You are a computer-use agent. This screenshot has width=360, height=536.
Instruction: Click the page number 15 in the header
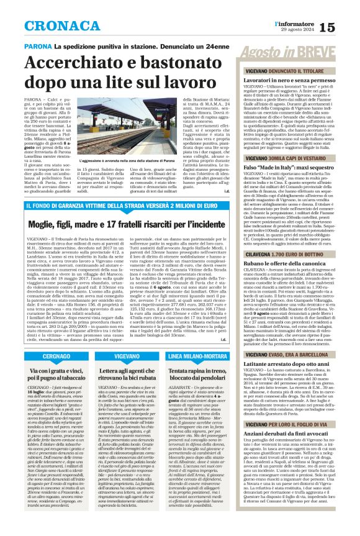[x=344, y=27]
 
